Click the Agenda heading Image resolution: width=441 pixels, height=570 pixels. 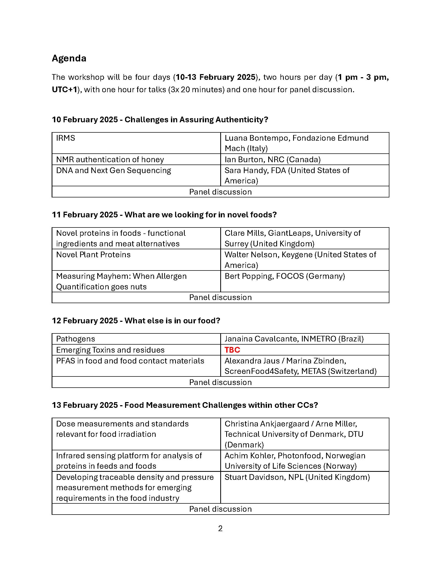point(69,58)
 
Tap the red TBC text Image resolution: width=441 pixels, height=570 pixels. point(232,350)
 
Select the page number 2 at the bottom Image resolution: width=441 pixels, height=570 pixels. point(220,528)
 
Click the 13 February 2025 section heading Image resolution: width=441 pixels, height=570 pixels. point(185,405)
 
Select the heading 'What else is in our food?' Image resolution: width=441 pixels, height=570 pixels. point(173,320)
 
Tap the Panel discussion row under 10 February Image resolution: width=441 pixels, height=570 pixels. point(220,192)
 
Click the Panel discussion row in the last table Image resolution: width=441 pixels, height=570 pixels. point(220,509)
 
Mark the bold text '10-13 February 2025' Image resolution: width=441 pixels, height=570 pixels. point(215,77)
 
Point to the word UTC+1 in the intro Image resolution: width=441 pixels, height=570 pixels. point(64,90)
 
